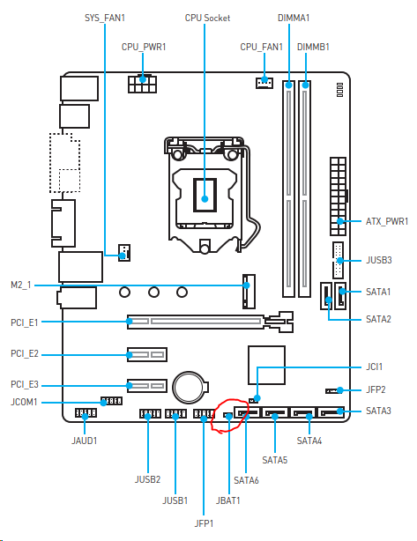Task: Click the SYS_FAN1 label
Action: tap(105, 18)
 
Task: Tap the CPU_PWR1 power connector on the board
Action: tap(142, 84)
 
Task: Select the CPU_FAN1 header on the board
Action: tap(264, 83)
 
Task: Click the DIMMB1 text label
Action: tap(313, 47)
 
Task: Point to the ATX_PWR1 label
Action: tap(387, 221)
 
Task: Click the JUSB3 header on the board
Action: tap(338, 261)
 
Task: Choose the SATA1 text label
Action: tap(378, 292)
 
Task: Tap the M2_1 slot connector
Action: tap(249, 291)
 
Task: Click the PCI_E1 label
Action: tap(24, 322)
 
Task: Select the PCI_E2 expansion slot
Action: tap(147, 354)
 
